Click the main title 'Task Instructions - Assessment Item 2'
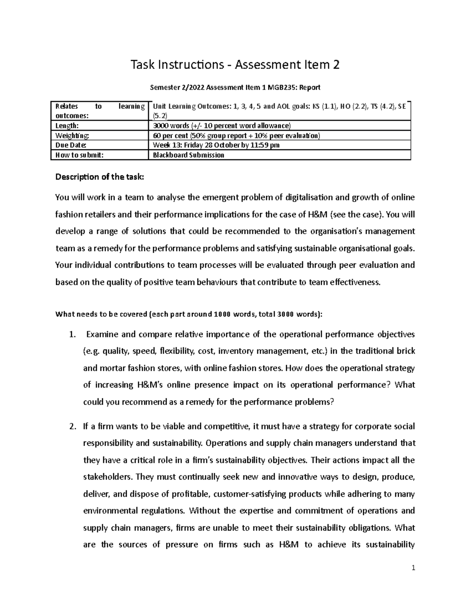(235, 64)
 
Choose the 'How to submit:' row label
(80, 155)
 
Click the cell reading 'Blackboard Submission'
(188, 155)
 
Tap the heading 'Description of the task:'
(100, 177)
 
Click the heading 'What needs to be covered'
(189, 314)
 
